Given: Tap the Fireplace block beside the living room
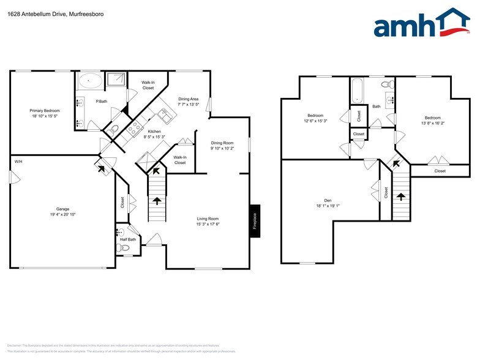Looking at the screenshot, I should [x=255, y=221].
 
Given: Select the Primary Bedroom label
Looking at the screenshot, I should [x=43, y=111].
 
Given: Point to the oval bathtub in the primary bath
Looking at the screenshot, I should [x=91, y=80].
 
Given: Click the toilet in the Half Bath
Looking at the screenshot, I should [x=124, y=248].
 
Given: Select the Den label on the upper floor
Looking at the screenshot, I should [x=328, y=200].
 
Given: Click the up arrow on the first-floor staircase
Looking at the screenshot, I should [x=157, y=200].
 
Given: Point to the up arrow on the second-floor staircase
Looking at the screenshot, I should [x=401, y=197].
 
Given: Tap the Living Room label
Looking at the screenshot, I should [x=208, y=219].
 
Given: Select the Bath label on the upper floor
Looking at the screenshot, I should [x=376, y=107].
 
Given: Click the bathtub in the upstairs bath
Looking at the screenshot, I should [x=358, y=91].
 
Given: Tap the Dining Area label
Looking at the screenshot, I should [x=188, y=99].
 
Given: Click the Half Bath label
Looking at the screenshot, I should [x=127, y=239].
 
